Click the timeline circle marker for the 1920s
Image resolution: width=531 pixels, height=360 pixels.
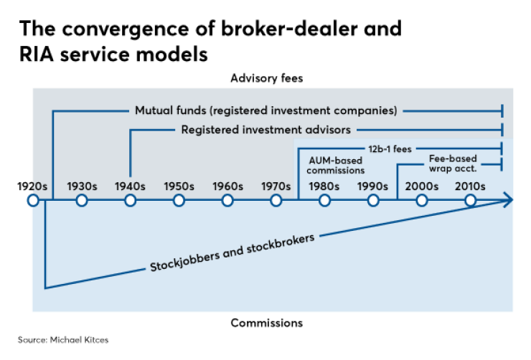point(32,201)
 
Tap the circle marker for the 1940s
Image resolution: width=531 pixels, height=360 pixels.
point(130,201)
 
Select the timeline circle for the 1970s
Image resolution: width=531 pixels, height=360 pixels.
point(276,201)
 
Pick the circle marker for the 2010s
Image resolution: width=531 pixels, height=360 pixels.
point(471,201)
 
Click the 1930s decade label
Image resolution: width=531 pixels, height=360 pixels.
point(81,186)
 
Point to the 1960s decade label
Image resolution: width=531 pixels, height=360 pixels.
point(227,186)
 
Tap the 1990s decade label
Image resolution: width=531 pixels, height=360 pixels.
point(373,186)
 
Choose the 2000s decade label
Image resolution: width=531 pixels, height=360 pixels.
point(422,186)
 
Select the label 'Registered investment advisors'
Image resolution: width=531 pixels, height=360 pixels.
point(265,130)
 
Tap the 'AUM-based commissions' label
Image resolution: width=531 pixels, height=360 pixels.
point(337,166)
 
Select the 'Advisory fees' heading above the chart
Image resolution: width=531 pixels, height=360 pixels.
point(263,77)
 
